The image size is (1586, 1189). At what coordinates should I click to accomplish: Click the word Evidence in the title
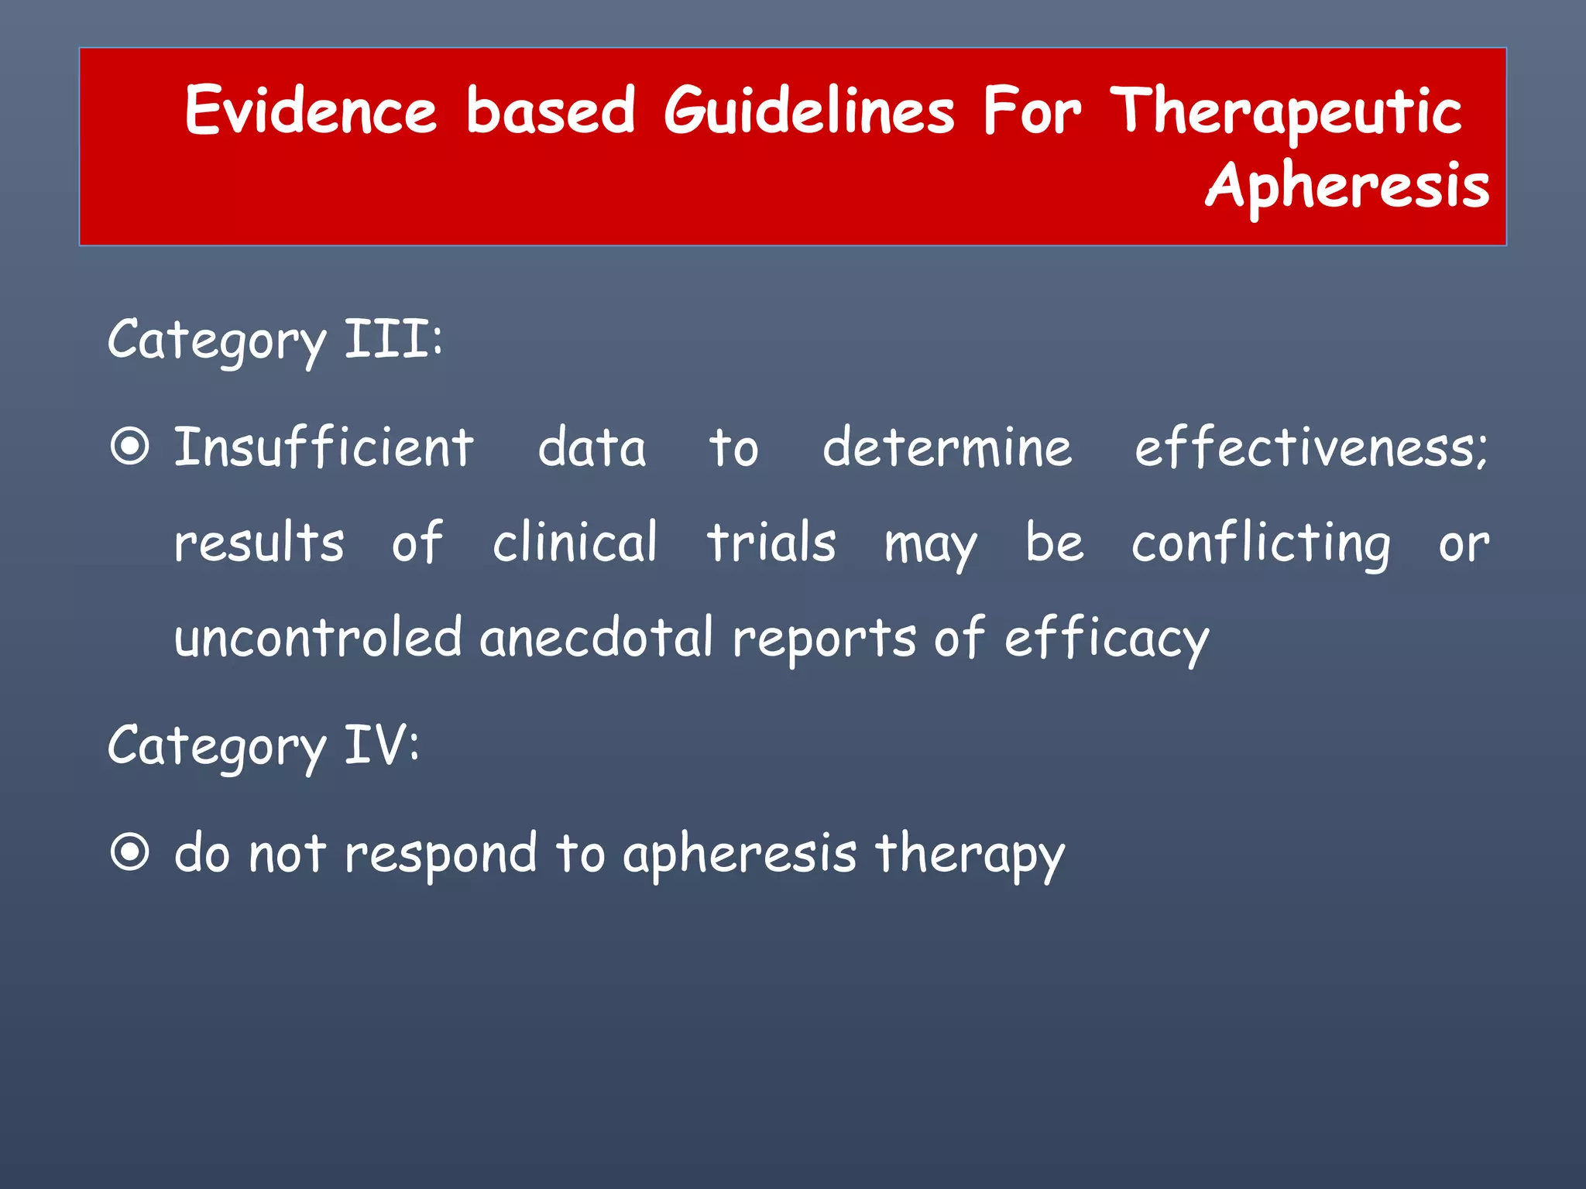click(x=311, y=110)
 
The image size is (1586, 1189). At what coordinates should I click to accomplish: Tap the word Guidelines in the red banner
click(x=809, y=110)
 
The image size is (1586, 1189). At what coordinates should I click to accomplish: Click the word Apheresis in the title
click(x=1347, y=187)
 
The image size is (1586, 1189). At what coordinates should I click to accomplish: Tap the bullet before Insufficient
click(x=129, y=447)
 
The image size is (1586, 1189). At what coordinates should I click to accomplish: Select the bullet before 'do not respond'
click(x=129, y=852)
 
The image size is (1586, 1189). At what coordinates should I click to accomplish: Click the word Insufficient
click(x=324, y=447)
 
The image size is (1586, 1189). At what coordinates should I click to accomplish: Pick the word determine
click(x=947, y=447)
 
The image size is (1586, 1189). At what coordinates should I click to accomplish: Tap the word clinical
click(x=575, y=542)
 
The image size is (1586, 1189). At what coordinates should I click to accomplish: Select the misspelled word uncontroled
click(x=318, y=637)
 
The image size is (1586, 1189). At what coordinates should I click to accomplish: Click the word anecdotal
click(x=596, y=637)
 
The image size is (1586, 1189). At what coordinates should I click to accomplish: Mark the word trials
click(x=771, y=542)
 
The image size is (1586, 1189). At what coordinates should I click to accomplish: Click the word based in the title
click(x=551, y=110)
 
